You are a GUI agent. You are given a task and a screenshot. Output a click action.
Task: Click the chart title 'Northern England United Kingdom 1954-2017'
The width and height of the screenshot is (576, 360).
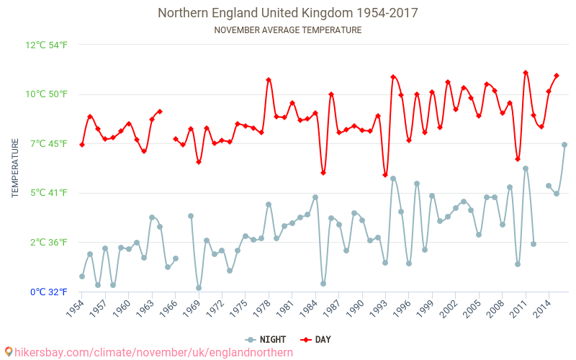tap(287, 13)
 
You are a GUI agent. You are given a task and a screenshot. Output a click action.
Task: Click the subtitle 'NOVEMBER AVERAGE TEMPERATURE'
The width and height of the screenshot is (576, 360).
tap(287, 30)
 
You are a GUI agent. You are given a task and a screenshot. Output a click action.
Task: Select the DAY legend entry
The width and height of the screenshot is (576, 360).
tap(316, 339)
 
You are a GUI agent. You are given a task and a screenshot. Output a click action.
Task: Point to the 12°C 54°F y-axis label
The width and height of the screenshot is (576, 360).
tap(47, 45)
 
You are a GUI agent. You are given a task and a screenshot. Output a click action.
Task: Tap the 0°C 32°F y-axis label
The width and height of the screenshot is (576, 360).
tap(48, 292)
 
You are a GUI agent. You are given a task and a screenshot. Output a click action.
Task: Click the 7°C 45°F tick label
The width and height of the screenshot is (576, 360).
tap(48, 144)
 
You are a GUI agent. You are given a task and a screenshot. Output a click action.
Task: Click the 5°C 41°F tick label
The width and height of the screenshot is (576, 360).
tap(48, 193)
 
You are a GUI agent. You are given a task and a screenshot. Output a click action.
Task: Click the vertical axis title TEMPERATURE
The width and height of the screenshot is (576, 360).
tap(15, 168)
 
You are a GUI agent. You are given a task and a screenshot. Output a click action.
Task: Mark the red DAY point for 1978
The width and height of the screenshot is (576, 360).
tap(269, 80)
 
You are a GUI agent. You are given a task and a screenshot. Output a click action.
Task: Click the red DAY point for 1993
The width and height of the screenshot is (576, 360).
tap(385, 175)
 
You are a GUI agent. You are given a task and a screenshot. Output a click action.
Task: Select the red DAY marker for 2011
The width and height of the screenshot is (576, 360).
tap(526, 73)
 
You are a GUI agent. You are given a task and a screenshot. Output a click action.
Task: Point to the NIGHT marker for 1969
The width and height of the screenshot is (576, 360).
tap(199, 288)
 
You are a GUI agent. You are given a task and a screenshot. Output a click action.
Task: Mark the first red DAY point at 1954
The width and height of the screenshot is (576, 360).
tap(82, 145)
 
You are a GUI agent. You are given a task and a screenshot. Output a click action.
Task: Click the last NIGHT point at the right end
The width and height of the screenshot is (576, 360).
tap(564, 145)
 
